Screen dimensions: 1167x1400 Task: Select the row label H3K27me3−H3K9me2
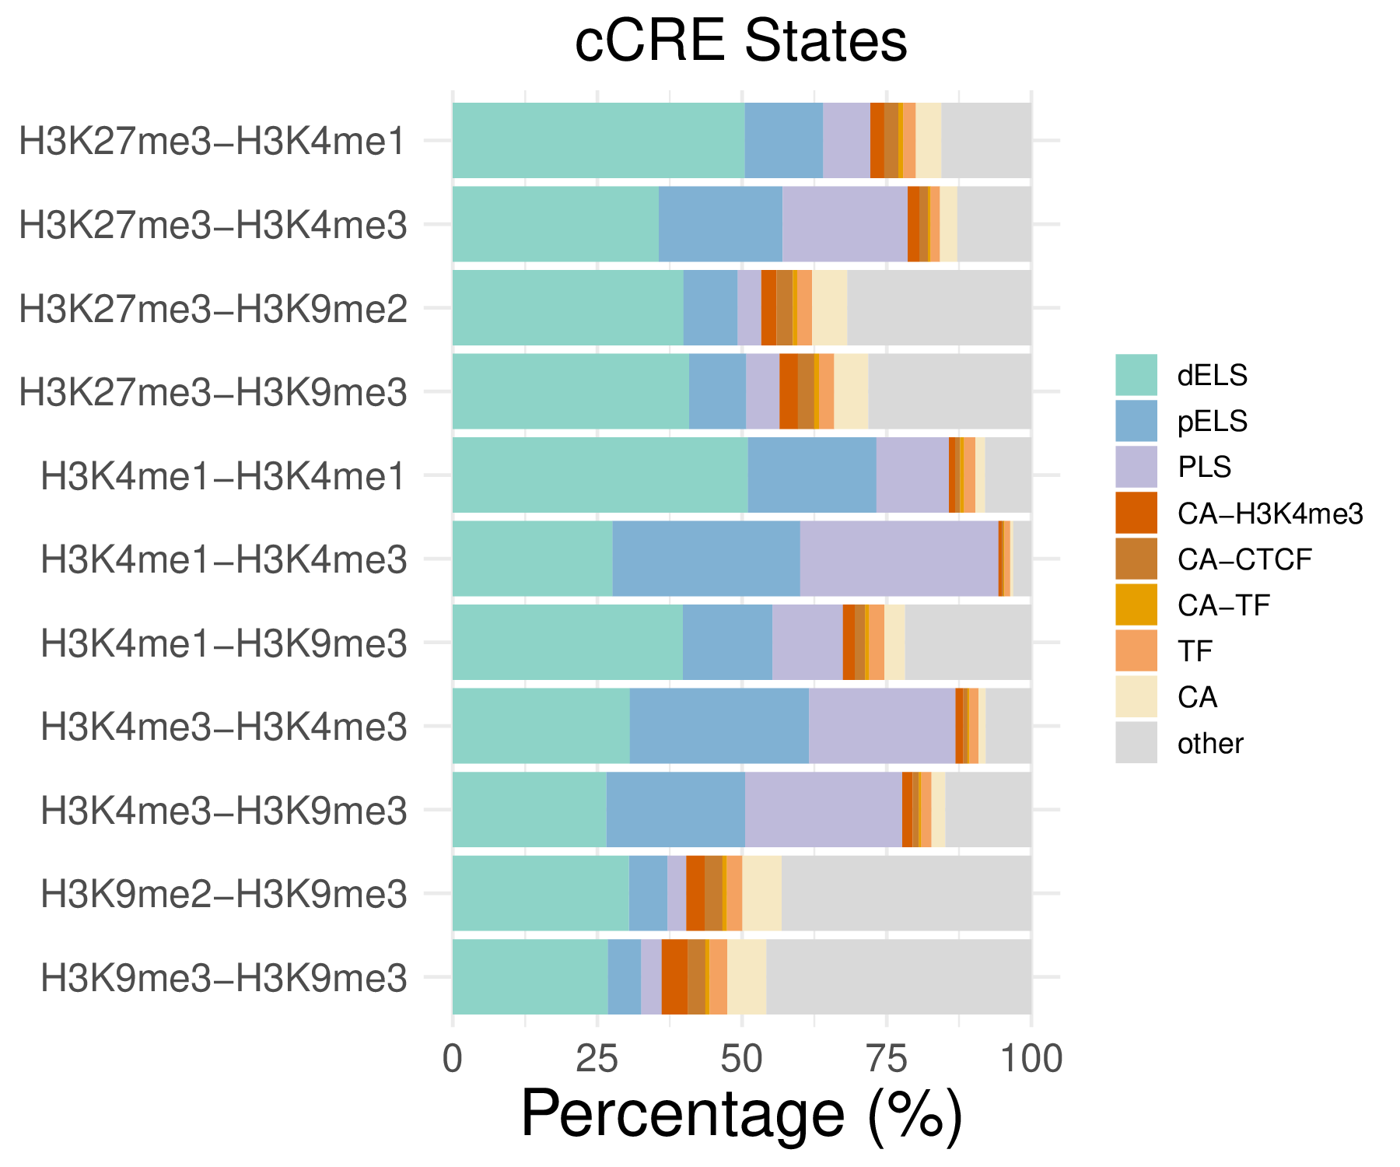coord(213,309)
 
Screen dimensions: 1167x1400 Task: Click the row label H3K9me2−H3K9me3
coord(224,895)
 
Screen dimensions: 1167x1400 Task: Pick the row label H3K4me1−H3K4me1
coord(224,476)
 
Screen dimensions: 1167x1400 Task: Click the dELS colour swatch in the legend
coord(1136,375)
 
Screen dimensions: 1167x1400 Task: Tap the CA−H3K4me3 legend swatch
coord(1136,513)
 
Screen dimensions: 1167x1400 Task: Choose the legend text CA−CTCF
coord(1244,559)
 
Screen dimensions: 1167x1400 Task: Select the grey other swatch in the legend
coord(1136,742)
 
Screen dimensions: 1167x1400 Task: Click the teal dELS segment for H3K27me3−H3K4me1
coord(598,140)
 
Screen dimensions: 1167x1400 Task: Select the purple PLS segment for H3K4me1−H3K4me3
coord(899,559)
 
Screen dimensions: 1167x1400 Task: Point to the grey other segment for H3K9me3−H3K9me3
coord(898,976)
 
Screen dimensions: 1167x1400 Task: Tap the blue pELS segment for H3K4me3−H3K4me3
coord(719,726)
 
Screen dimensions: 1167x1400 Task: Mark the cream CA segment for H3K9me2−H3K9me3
coord(761,893)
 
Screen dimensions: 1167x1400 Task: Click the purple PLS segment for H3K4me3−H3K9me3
coord(823,809)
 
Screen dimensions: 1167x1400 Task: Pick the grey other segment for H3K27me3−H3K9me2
coord(939,307)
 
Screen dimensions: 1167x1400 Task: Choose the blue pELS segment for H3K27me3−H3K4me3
coord(720,224)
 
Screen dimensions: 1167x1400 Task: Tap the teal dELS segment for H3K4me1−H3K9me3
coord(567,642)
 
